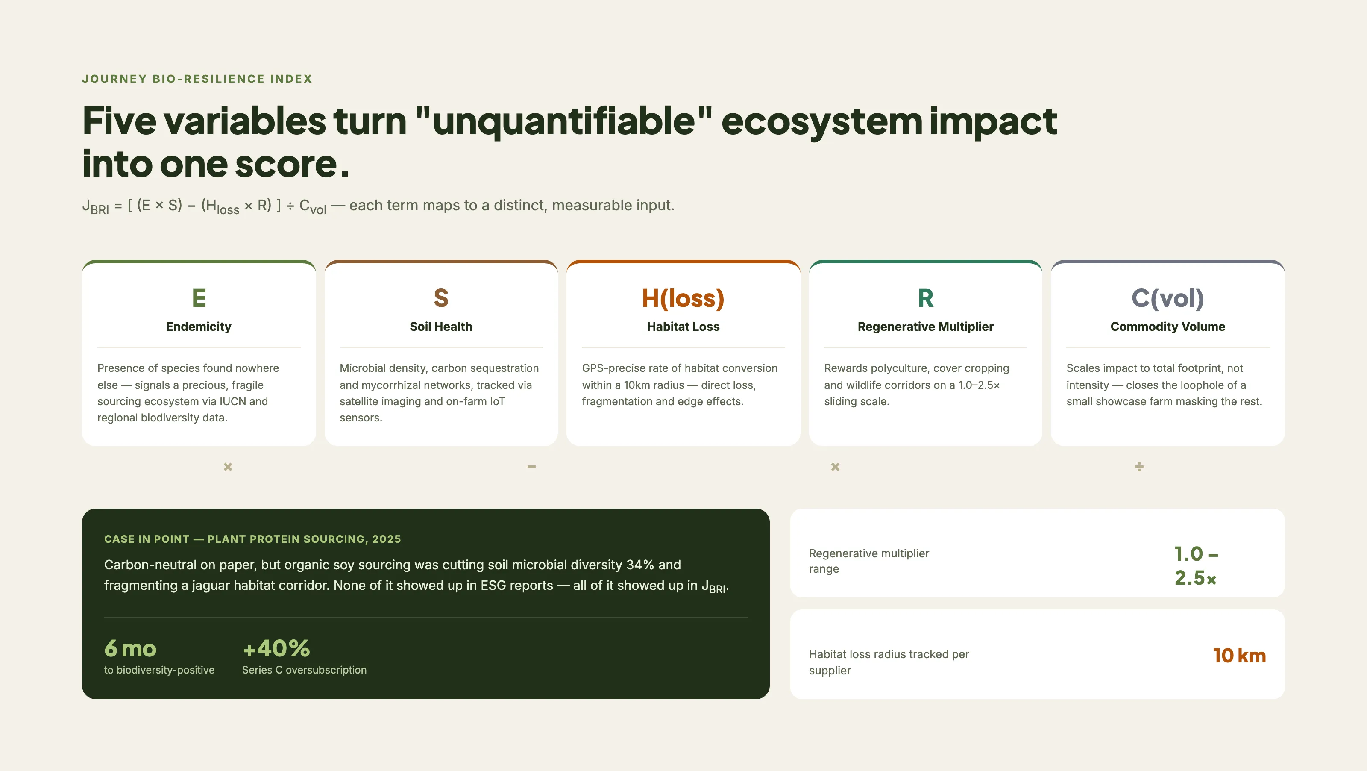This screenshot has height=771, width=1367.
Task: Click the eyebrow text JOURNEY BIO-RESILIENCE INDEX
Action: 197,79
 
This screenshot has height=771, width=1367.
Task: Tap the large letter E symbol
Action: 199,298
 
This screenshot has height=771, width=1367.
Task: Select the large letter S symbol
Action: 441,298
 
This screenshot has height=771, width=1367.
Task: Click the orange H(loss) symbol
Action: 683,298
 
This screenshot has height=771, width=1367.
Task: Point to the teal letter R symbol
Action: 925,298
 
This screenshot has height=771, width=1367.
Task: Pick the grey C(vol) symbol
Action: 1168,298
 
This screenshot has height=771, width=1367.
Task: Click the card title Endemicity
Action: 199,327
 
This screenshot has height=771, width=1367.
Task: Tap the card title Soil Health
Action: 441,327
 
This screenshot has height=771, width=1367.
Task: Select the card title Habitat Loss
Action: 683,327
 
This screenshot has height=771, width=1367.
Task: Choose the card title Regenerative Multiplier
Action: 925,327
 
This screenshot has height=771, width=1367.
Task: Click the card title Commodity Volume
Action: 1168,327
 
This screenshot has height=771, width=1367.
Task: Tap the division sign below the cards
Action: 1139,467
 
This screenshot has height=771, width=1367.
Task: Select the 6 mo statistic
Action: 130,648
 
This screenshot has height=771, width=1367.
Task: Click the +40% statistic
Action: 276,648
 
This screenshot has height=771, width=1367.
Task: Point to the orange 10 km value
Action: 1239,655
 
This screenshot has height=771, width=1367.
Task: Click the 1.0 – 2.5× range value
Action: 1196,565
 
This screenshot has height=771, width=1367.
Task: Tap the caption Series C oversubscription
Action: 304,670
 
